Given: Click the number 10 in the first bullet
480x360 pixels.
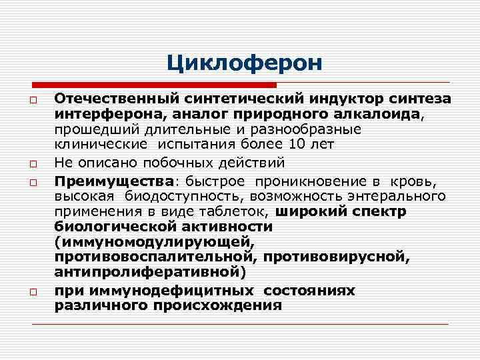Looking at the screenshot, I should tap(299, 144).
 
